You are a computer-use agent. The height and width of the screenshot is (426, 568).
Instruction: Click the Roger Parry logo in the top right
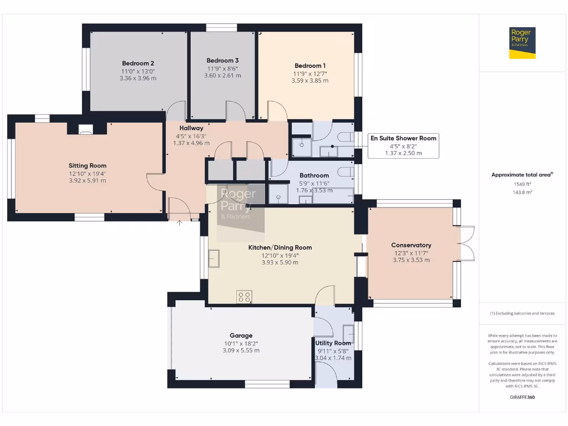pyautogui.click(x=523, y=43)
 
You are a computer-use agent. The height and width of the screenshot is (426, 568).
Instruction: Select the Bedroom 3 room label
pyautogui.click(x=222, y=60)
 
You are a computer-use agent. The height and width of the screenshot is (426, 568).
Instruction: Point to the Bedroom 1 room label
pyautogui.click(x=310, y=65)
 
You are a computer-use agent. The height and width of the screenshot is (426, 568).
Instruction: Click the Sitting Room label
pyautogui.click(x=87, y=165)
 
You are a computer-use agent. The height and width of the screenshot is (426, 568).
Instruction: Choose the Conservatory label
pyautogui.click(x=411, y=245)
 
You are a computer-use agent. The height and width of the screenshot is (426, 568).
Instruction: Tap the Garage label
pyautogui.click(x=241, y=336)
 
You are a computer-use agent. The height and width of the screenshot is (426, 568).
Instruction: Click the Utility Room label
pyautogui.click(x=333, y=343)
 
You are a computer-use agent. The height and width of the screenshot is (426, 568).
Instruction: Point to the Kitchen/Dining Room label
pyautogui.click(x=280, y=247)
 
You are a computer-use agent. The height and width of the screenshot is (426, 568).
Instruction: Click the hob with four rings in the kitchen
pyautogui.click(x=244, y=297)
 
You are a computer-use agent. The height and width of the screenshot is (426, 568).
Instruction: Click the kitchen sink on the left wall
pyautogui.click(x=214, y=259)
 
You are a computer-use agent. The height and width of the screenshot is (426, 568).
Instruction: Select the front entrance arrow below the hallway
pyautogui.click(x=179, y=223)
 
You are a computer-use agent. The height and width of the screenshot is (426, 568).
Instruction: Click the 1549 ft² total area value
pyautogui.click(x=521, y=183)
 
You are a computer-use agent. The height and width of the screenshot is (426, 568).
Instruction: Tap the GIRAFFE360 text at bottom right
pyautogui.click(x=521, y=397)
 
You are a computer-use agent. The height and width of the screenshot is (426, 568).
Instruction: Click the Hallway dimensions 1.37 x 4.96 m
pyautogui.click(x=191, y=143)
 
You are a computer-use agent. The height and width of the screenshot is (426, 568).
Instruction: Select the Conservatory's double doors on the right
pyautogui.click(x=467, y=243)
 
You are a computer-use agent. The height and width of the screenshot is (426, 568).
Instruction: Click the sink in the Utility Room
pyautogui.click(x=348, y=333)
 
